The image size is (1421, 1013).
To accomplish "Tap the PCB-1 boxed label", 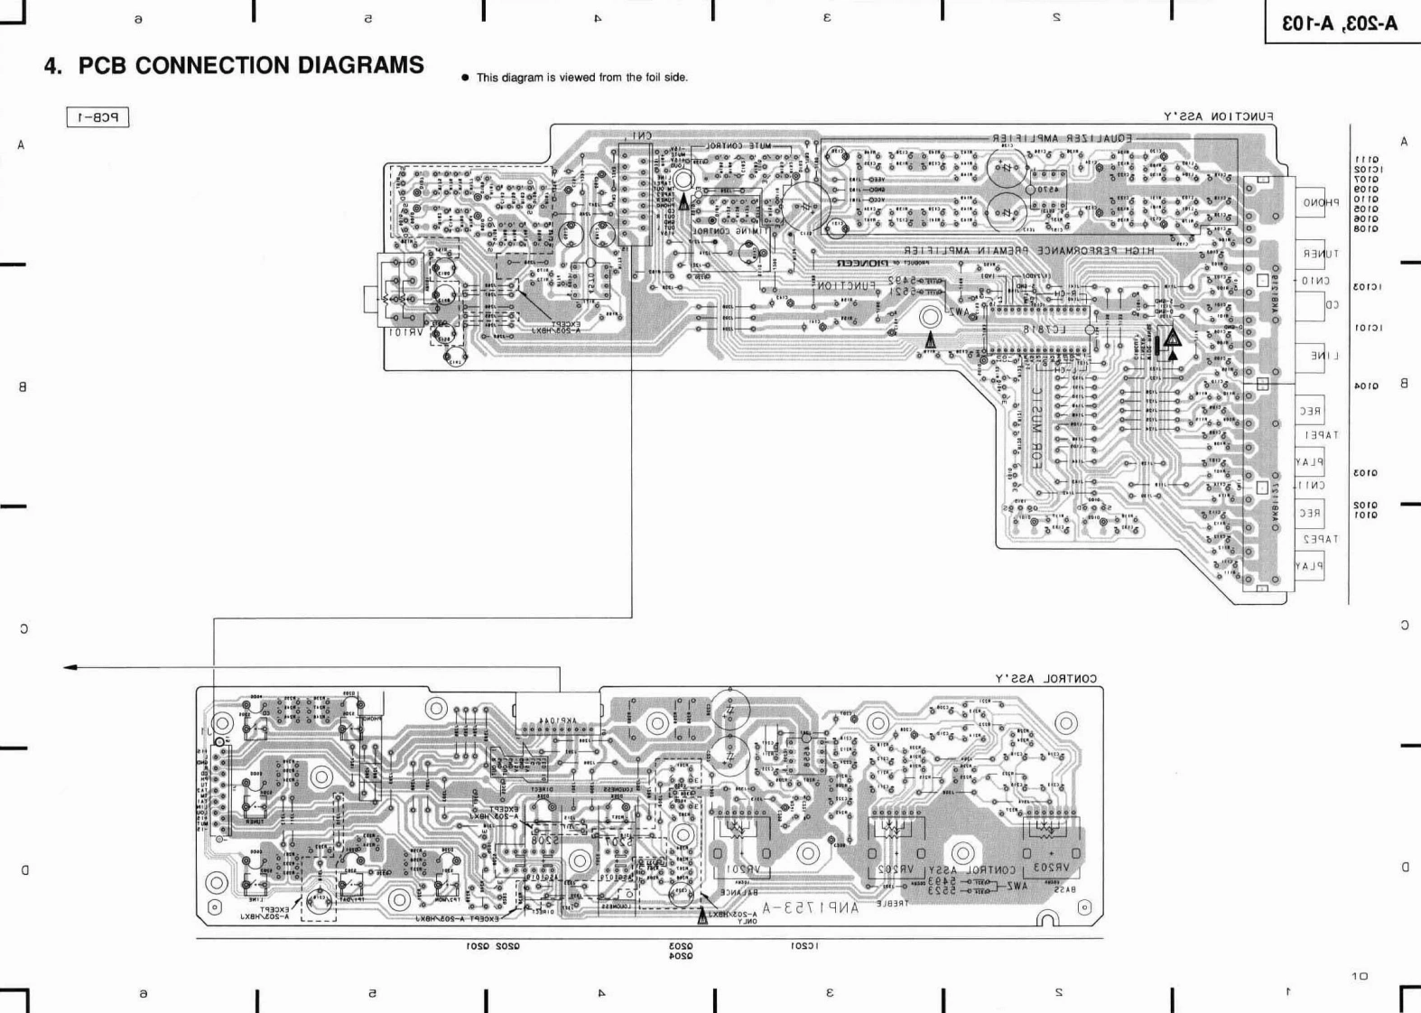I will tap(98, 117).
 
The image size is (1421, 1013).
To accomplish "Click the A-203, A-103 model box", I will tap(1342, 23).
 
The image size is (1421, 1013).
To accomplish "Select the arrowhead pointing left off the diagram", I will tap(70, 667).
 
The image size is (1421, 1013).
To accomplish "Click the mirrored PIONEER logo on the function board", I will tap(869, 264).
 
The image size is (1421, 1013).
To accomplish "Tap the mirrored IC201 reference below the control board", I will tap(803, 946).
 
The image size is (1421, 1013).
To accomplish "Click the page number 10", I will tap(1360, 976).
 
